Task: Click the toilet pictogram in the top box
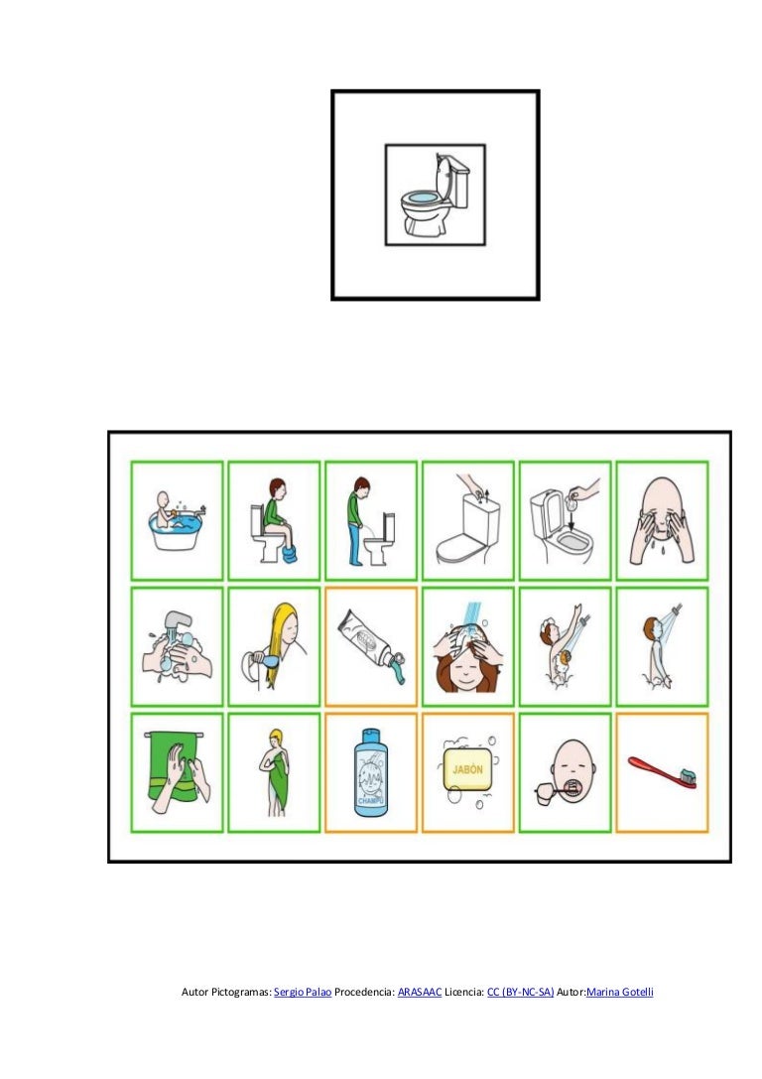pos(435,195)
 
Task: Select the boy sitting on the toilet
pos(275,520)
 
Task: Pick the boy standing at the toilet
pos(371,521)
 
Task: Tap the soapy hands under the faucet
pos(178,646)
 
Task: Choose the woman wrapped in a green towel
pos(275,772)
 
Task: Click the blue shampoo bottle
pos(371,772)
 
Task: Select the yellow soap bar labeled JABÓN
pos(467,770)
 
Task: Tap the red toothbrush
pos(662,771)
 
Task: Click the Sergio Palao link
pos(303,992)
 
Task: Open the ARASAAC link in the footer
pos(420,992)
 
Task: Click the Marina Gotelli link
pos(620,992)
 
